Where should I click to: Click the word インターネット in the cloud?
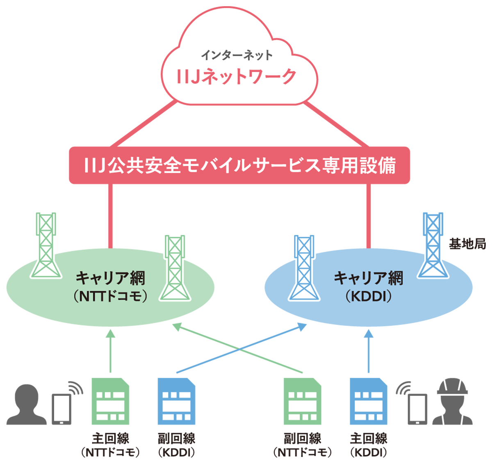pyautogui.click(x=237, y=55)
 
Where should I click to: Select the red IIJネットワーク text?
pyautogui.click(x=237, y=77)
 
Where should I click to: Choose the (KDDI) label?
pyautogui.click(x=369, y=296)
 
